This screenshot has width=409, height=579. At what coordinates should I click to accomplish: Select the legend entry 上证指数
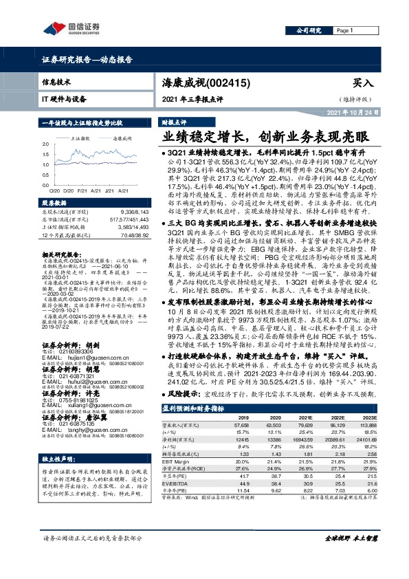click(83, 138)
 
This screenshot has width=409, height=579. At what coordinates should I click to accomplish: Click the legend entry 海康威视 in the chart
click(122, 138)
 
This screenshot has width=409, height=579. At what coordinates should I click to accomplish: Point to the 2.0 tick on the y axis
click(45, 144)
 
